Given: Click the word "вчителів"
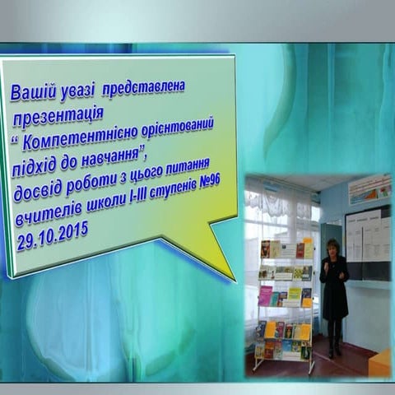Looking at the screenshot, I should pyautogui.click(x=41, y=218).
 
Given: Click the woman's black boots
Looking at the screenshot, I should pyautogui.click(x=334, y=347).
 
